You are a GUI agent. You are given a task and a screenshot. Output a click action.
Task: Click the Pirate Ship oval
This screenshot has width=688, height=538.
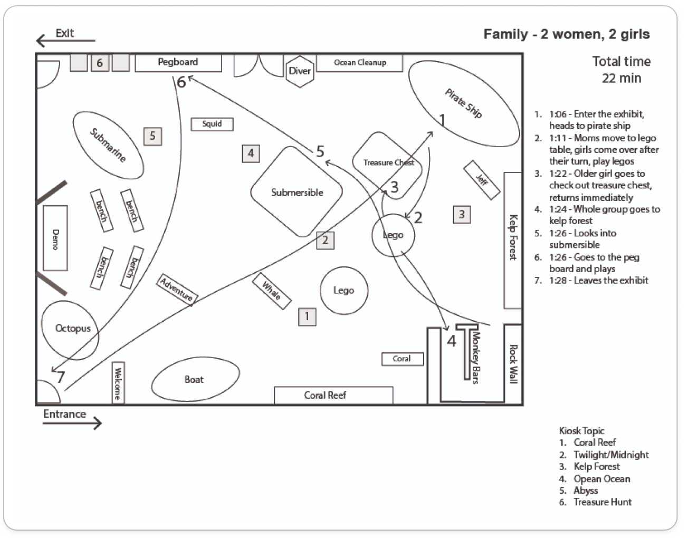pyautogui.click(x=463, y=103)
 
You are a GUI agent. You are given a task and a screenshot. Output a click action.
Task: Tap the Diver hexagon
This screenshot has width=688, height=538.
pyautogui.click(x=300, y=71)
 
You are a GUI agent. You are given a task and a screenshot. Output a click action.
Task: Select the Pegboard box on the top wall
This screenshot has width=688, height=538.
pyautogui.click(x=178, y=63)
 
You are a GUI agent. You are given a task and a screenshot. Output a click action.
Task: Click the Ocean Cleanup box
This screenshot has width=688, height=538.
pyautogui.click(x=360, y=63)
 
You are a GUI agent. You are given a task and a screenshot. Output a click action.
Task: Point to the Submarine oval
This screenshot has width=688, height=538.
pyautogui.click(x=108, y=145)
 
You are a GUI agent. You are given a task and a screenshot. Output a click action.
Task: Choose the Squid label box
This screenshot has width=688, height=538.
pyautogui.click(x=212, y=124)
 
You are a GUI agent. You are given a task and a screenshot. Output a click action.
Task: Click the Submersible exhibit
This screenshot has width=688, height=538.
pyautogui.click(x=297, y=192)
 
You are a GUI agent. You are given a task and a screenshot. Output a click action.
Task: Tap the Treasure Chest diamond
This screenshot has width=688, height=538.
pyautogui.click(x=388, y=162)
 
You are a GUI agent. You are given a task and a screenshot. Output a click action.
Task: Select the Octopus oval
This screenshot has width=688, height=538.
pyautogui.click(x=73, y=329)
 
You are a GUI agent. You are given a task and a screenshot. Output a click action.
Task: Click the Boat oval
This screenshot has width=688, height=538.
pyautogui.click(x=194, y=380)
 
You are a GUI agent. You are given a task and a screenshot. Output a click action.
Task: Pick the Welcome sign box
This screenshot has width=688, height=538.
pyautogui.click(x=118, y=382)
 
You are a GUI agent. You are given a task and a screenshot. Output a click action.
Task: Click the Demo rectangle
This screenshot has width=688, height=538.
pyautogui.click(x=55, y=238)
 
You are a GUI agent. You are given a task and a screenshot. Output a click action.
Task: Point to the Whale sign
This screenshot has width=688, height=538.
pyautogui.click(x=272, y=290)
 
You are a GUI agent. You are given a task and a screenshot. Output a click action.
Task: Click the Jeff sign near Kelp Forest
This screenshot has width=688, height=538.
pyautogui.click(x=482, y=180)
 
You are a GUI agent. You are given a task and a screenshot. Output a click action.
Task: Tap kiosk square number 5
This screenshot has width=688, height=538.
pyautogui.click(x=152, y=136)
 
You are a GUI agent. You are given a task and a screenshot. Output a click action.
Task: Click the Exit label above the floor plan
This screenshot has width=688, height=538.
pyautogui.click(x=65, y=33)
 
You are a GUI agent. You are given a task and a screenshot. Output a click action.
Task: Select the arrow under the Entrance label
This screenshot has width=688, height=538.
pyautogui.click(x=72, y=422)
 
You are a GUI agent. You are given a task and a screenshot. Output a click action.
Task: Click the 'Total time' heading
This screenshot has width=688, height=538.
pyautogui.click(x=621, y=62)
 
